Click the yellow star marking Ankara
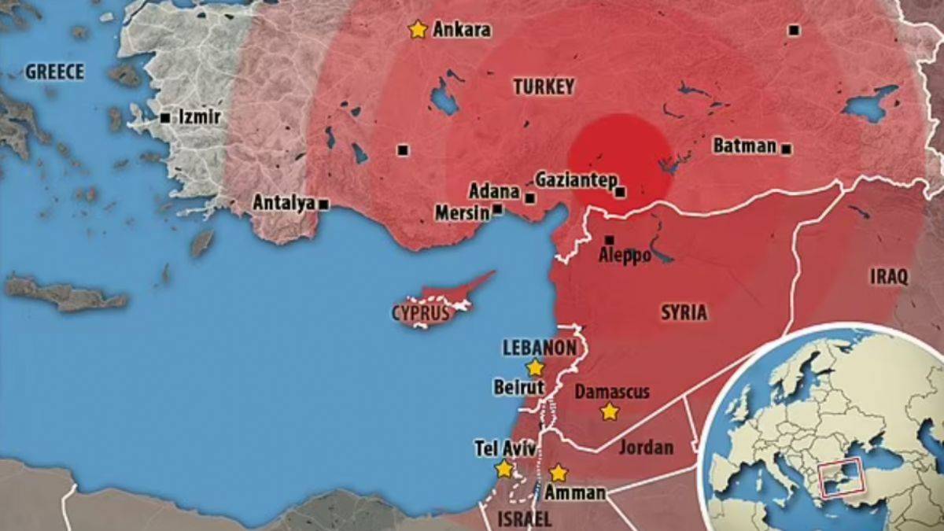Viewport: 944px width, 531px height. point(418,30)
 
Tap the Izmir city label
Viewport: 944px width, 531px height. point(199,117)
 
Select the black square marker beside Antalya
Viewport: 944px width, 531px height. point(323,204)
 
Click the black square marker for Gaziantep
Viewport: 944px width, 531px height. point(621,191)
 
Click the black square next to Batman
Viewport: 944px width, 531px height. point(787,149)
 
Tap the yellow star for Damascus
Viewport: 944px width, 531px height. point(609,411)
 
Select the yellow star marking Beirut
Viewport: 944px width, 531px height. point(535,367)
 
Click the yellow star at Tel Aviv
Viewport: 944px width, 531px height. point(503,469)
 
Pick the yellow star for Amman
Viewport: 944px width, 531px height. point(558,473)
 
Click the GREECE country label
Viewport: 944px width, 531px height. point(54,72)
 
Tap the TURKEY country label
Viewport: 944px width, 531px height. point(544,87)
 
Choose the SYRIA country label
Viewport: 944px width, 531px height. point(683,312)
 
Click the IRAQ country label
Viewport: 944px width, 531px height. point(889,276)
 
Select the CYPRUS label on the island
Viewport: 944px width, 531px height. point(420,313)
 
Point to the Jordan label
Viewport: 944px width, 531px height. point(647,448)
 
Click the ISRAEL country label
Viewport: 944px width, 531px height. point(525,518)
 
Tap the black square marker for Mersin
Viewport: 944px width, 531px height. point(497,210)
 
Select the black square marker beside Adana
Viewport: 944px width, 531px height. point(530,198)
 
